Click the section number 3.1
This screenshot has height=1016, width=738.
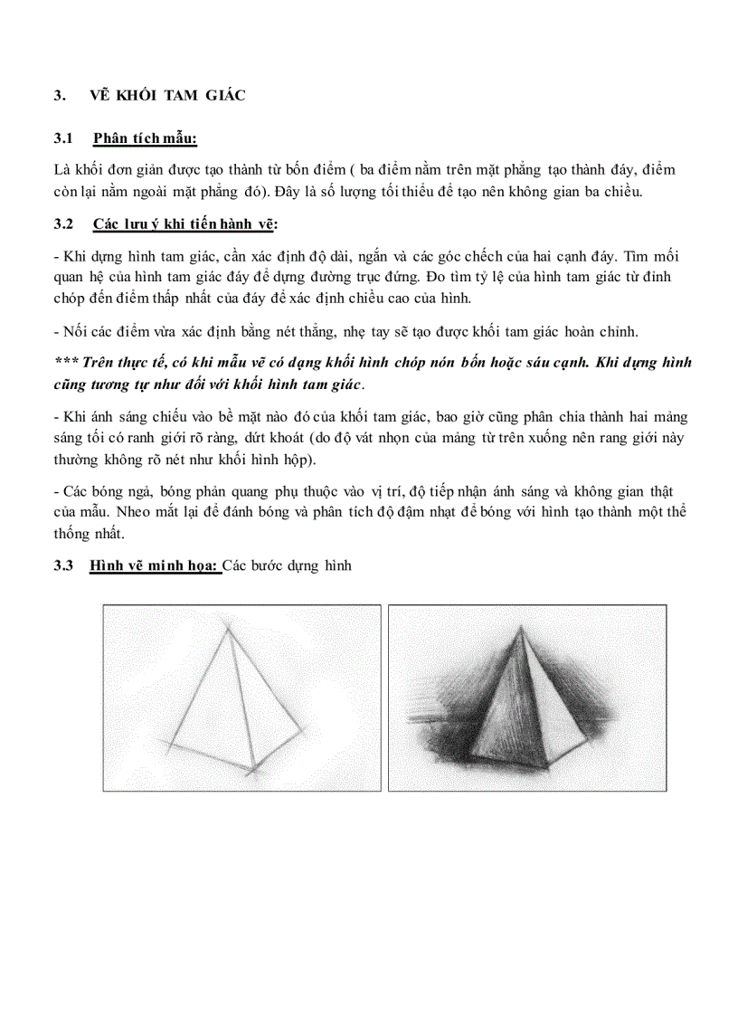pos(62,138)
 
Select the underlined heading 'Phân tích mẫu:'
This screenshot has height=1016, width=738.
pos(145,138)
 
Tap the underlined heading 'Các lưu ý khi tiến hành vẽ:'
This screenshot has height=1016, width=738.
pos(186,223)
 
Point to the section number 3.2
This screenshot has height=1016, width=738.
pos(62,223)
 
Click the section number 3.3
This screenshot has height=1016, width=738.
pos(62,566)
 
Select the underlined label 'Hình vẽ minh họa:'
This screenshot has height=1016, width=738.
pos(155,566)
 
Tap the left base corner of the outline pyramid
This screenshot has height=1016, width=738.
pos(166,747)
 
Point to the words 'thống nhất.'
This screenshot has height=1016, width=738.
pos(92,533)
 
